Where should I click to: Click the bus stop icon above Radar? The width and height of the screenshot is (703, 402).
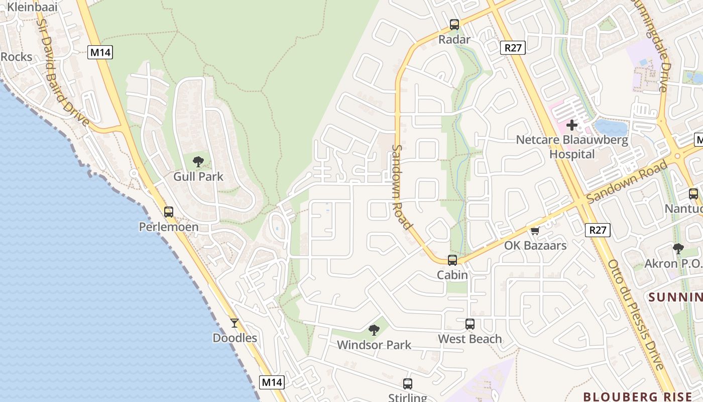[x=454, y=24]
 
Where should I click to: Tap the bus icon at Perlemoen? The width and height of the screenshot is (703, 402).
[x=169, y=212]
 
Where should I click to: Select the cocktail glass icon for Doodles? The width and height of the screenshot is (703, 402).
[x=235, y=323]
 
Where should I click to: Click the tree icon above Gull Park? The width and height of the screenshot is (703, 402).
[x=198, y=161]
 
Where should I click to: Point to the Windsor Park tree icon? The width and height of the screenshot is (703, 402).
[x=374, y=330]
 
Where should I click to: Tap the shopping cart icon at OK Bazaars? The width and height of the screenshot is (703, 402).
[x=535, y=231]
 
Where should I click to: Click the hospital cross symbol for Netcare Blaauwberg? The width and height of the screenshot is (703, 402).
[x=572, y=125]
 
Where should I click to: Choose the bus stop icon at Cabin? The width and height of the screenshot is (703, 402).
[x=452, y=260]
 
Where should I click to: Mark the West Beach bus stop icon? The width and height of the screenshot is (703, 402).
[x=470, y=324]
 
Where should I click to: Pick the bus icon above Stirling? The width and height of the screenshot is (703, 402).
[x=408, y=384]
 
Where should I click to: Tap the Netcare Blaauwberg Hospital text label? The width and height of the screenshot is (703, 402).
[x=572, y=147]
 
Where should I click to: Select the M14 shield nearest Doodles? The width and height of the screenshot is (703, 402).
[x=272, y=382]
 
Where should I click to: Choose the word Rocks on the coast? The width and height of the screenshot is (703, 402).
[x=16, y=57]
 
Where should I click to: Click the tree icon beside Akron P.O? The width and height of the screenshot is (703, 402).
[x=678, y=248]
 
